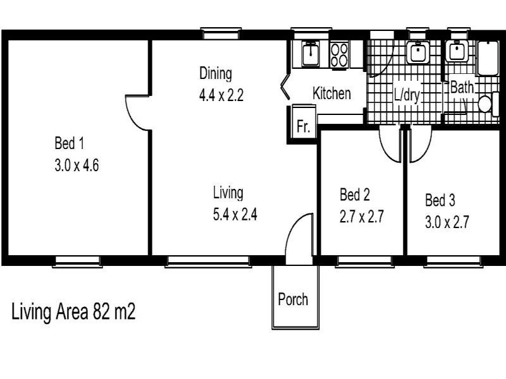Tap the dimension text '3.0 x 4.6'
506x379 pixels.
77,167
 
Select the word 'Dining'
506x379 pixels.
216,73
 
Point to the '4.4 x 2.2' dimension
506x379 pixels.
221,96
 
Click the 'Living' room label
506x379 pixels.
228,192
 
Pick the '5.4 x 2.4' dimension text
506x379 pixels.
235,215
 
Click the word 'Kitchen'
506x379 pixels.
331,93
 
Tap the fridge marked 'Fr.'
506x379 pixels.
303,126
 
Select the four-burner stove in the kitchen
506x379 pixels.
340,54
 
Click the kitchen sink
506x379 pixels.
310,54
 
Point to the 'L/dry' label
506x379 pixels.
407,95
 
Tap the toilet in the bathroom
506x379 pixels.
486,104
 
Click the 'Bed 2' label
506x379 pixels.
354,193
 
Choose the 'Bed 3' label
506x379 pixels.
440,201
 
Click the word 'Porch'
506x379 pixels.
293,299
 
